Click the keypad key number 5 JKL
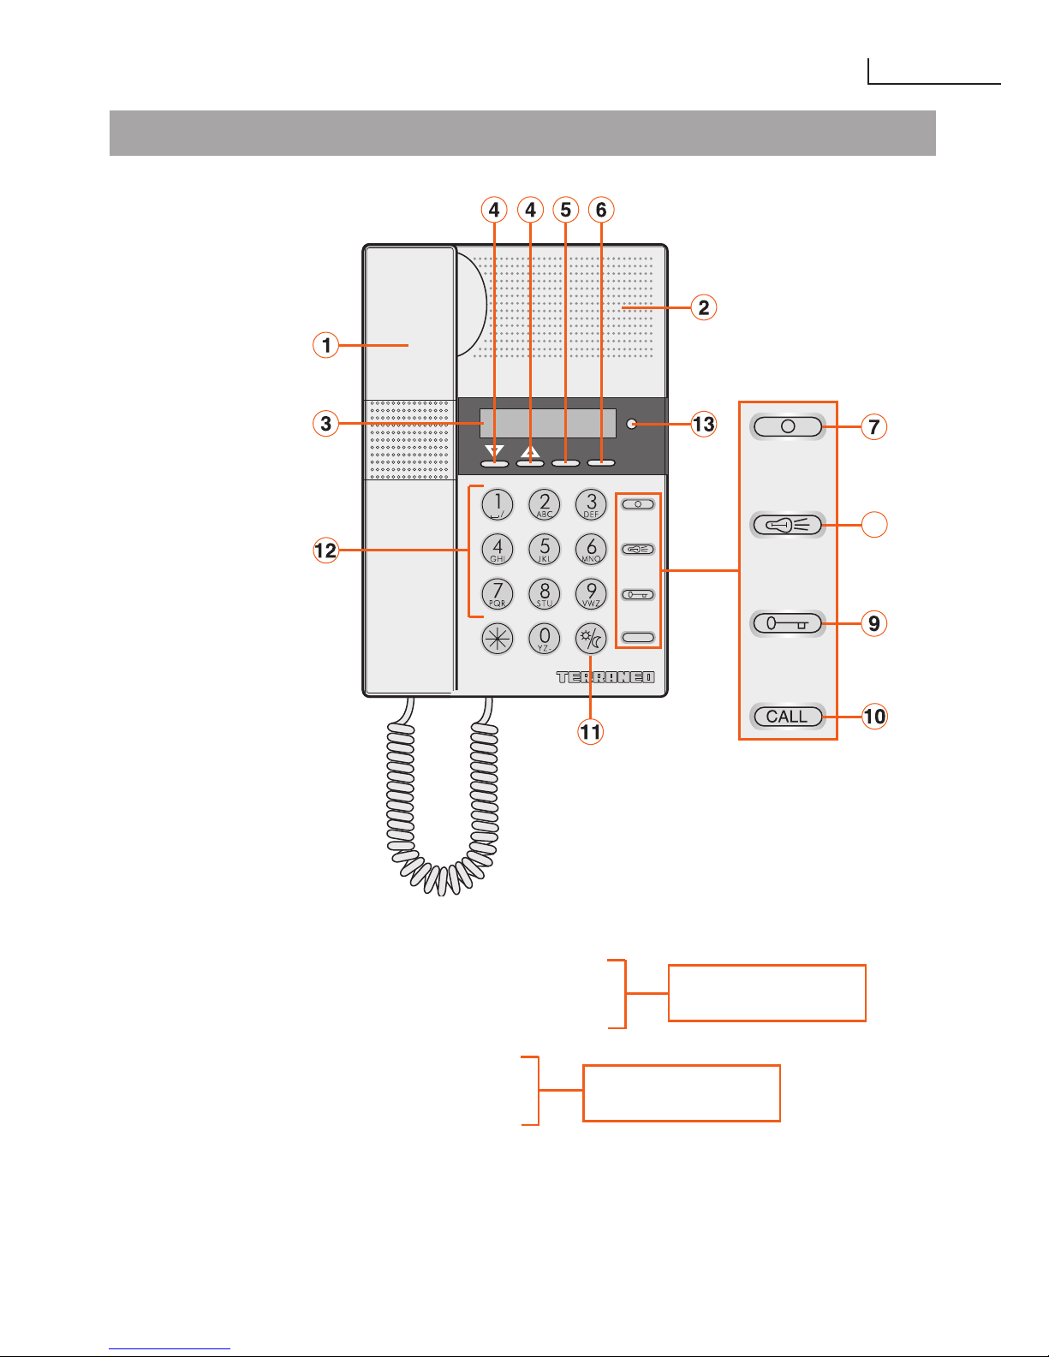pyautogui.click(x=545, y=549)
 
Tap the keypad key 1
pyautogui.click(x=498, y=504)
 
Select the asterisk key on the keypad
pyautogui.click(x=498, y=639)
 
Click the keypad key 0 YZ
pyautogui.click(x=545, y=639)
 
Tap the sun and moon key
pyautogui.click(x=591, y=639)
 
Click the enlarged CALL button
pyautogui.click(x=788, y=717)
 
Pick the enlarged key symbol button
pyautogui.click(x=788, y=623)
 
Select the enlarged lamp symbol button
pyautogui.click(x=788, y=525)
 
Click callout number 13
pyautogui.click(x=703, y=424)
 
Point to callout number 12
pyautogui.click(x=325, y=551)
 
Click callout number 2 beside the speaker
pyautogui.click(x=703, y=307)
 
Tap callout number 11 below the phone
pyautogui.click(x=591, y=732)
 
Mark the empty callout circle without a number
pyautogui.click(x=873, y=525)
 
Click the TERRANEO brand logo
pyautogui.click(x=605, y=677)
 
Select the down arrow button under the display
pyautogui.click(x=494, y=462)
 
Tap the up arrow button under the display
pyautogui.click(x=530, y=462)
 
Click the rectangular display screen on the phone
pyautogui.click(x=548, y=423)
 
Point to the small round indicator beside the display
pyautogui.click(x=632, y=423)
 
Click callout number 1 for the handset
pyautogui.click(x=325, y=345)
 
